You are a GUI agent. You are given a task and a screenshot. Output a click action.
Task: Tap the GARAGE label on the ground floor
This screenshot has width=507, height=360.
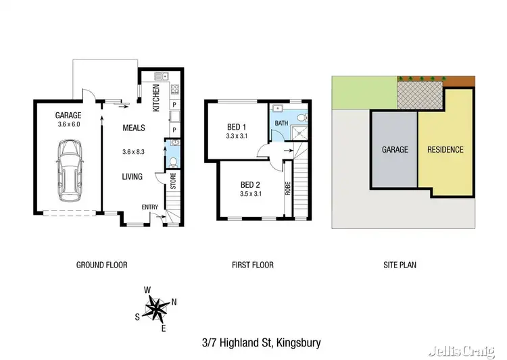[x=68, y=115]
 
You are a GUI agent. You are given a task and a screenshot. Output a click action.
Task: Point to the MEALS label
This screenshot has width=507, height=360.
[x=132, y=127]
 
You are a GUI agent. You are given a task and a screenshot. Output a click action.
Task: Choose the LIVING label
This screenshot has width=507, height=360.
[x=132, y=177]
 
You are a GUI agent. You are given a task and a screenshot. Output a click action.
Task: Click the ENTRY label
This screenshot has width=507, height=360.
[x=149, y=207]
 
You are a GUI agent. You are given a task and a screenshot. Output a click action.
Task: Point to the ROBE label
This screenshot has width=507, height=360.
[x=287, y=188]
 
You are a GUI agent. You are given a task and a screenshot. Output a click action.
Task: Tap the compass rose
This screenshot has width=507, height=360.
[x=157, y=309]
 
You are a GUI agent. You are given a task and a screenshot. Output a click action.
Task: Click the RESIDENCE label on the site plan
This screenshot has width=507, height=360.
[x=445, y=150]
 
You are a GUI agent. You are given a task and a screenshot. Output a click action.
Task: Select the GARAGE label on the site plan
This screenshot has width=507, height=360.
[x=395, y=150]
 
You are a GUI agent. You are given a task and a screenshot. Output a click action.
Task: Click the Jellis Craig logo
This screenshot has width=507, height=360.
[x=467, y=349]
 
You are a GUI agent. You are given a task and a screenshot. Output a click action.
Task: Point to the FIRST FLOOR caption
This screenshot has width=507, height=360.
[x=252, y=265]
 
